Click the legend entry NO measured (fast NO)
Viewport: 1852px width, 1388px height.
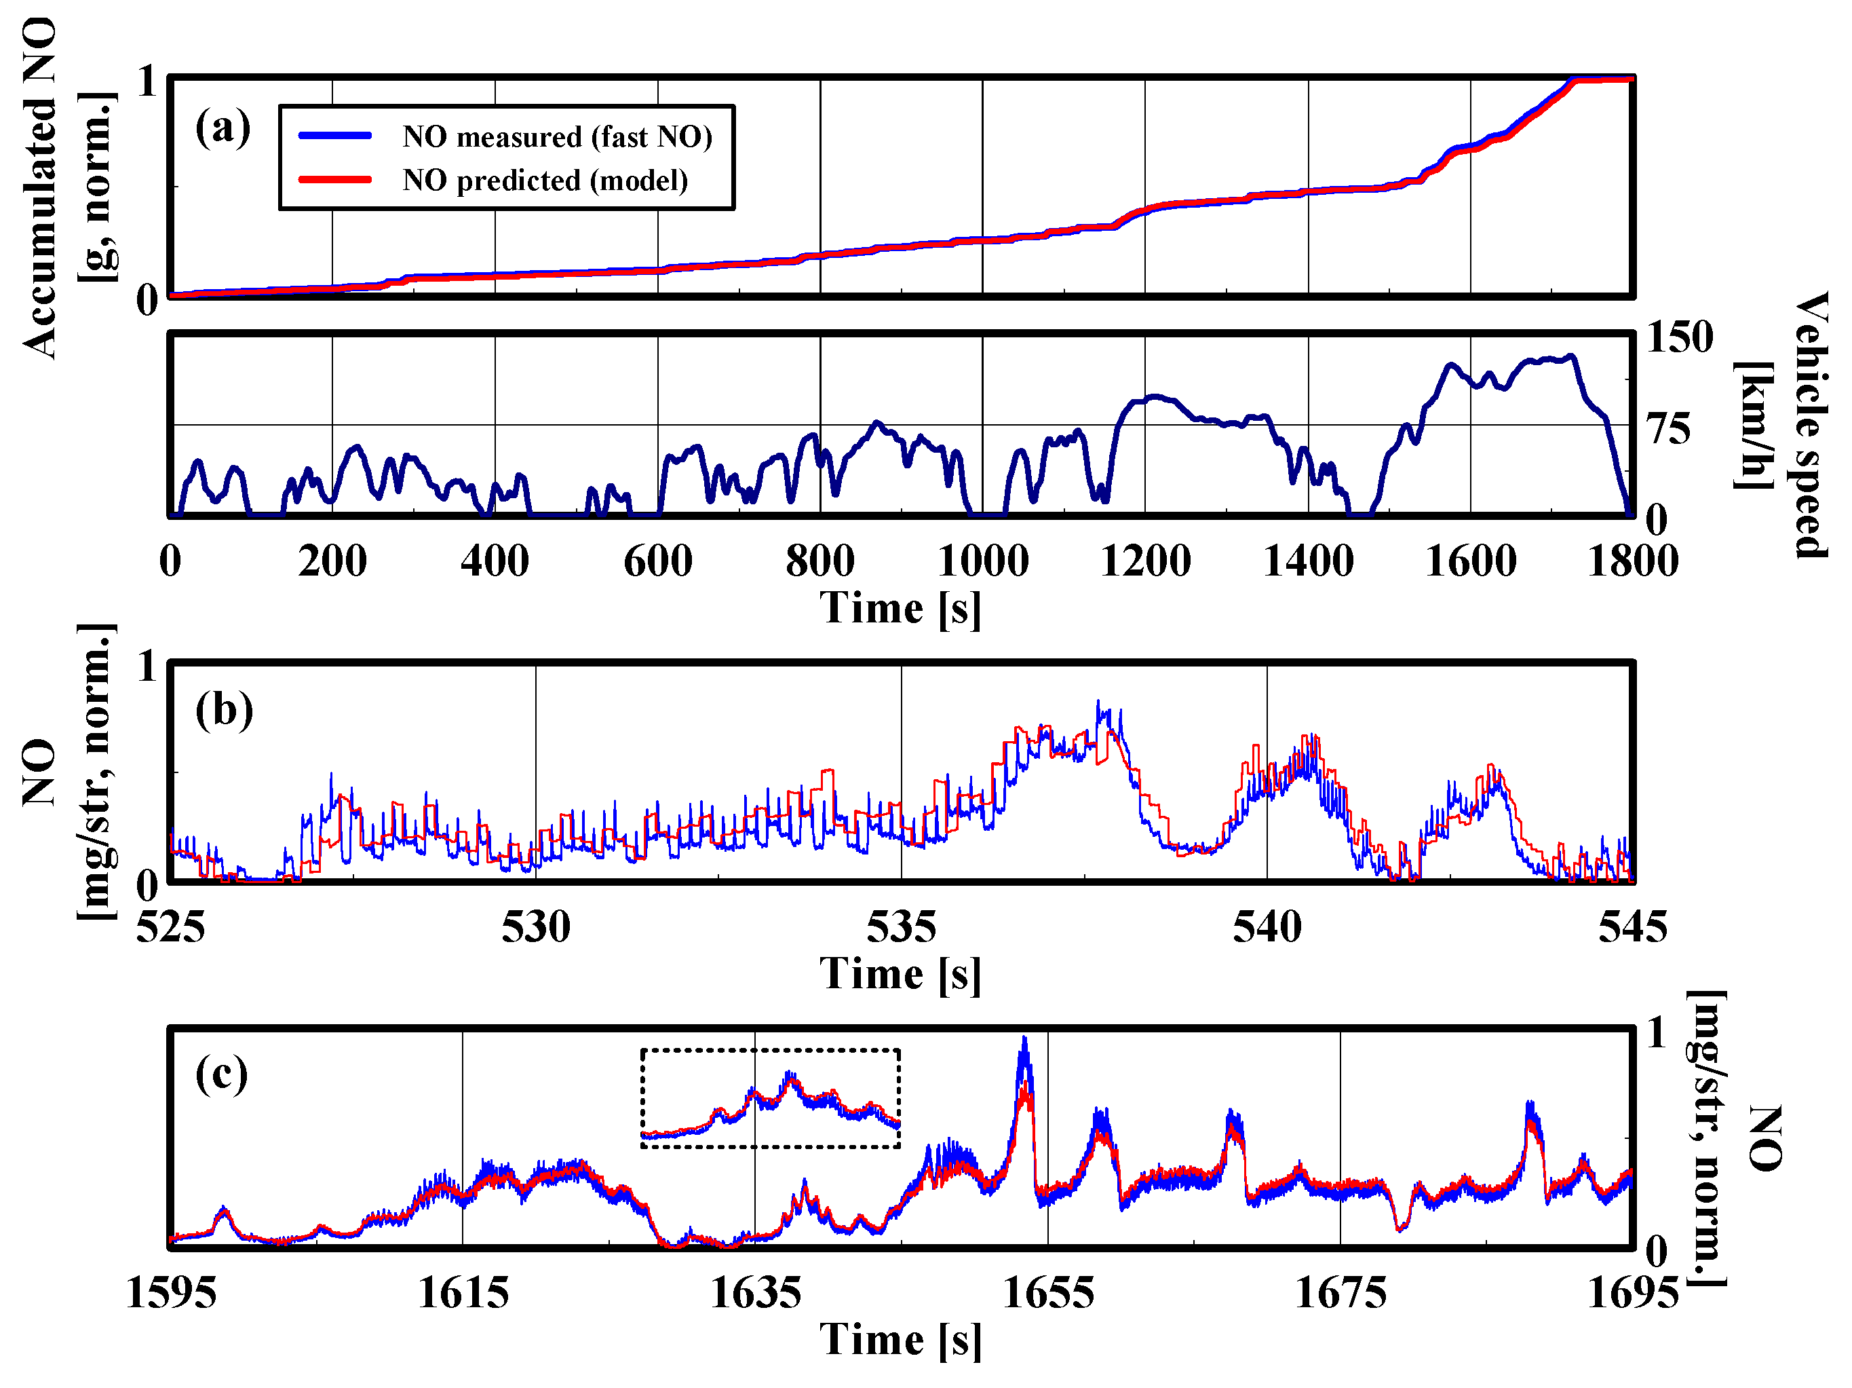[x=556, y=136]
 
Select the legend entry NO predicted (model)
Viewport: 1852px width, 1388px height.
[x=544, y=180]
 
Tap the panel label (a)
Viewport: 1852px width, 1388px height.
[x=223, y=128]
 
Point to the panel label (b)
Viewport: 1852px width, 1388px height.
[x=224, y=711]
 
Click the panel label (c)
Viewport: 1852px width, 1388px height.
[x=222, y=1074]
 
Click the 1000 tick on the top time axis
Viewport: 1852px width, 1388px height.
[x=982, y=561]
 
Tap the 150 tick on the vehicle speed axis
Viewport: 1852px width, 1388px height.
[x=1679, y=337]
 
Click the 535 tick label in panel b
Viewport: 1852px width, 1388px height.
[x=901, y=926]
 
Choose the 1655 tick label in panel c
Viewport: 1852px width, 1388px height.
[x=1047, y=1292]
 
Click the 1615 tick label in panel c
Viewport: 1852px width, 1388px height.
[x=463, y=1292]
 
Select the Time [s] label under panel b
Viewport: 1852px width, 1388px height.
[x=900, y=974]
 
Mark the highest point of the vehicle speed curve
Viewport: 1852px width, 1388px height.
[x=1572, y=356]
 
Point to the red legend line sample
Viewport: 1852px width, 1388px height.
[x=335, y=179]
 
